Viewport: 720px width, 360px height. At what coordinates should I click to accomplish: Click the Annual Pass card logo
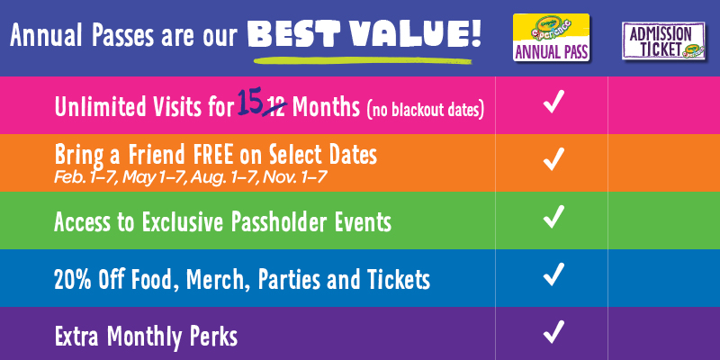pyautogui.click(x=551, y=37)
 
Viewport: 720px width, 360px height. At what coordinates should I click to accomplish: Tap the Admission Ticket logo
pyautogui.click(x=663, y=40)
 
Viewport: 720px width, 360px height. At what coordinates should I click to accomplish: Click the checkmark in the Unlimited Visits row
pyautogui.click(x=553, y=102)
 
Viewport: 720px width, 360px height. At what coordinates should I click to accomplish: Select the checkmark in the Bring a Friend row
pyautogui.click(x=553, y=159)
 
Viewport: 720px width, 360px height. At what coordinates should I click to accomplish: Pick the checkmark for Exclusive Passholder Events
pyautogui.click(x=553, y=217)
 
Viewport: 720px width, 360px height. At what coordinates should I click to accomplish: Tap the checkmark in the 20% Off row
pyautogui.click(x=553, y=274)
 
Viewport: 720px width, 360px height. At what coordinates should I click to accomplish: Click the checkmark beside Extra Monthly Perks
pyautogui.click(x=553, y=332)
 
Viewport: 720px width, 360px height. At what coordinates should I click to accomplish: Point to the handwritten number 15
pyautogui.click(x=250, y=103)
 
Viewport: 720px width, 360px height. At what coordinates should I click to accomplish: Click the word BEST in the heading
pyautogui.click(x=293, y=34)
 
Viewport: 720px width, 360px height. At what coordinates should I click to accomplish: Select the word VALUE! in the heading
pyautogui.click(x=414, y=34)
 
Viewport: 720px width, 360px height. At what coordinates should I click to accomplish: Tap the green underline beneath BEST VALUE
pyautogui.click(x=363, y=60)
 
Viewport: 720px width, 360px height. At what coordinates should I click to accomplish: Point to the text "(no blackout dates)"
pyautogui.click(x=425, y=111)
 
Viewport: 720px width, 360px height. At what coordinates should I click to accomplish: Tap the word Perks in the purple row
pyautogui.click(x=215, y=337)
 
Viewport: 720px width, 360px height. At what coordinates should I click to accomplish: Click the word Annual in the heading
pyautogui.click(x=48, y=35)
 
